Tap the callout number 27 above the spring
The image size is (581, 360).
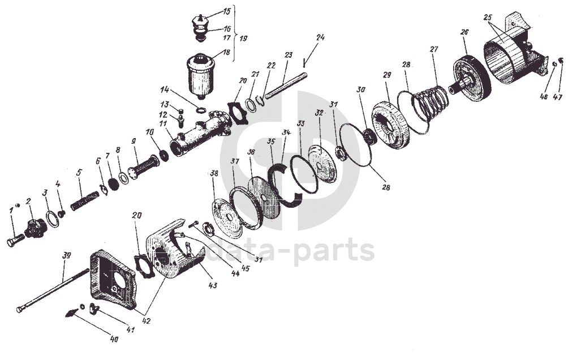[434, 49]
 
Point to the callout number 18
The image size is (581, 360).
[226, 52]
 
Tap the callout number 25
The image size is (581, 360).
[488, 17]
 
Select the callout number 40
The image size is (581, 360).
[114, 340]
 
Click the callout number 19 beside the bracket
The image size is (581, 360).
[243, 39]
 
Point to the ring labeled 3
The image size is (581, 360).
[53, 218]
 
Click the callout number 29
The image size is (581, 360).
[387, 75]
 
